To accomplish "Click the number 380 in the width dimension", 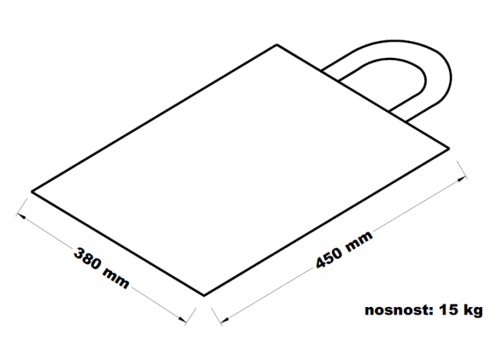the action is pos(88,259).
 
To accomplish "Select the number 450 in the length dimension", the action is pos(329,258).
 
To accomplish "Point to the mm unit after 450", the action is pos(359,240).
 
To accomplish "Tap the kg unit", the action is pos(472,310).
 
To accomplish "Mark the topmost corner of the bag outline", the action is pos(277,45).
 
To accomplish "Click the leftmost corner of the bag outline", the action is pos(31,192).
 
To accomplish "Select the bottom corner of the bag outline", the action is pos(204,295).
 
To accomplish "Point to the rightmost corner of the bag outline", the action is pos(449,148).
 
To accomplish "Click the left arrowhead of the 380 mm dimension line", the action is pos(20,215).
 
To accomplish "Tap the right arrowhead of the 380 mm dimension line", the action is pos(183,320).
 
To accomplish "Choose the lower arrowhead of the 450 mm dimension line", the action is pos(224,320).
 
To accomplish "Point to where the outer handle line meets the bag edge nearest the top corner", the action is pos(321,70).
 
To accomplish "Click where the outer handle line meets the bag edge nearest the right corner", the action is pos(406,122).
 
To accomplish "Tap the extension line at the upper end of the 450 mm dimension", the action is pos(462,170).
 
